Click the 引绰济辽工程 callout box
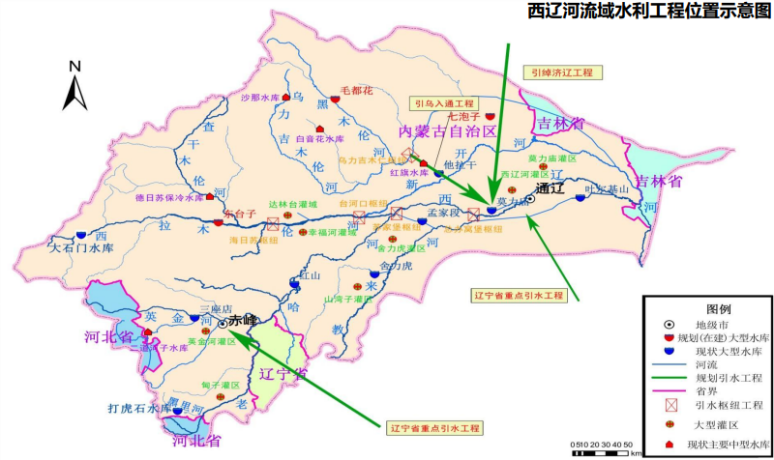[x=564, y=72]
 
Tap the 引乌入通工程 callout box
[x=443, y=102]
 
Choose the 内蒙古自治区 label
[x=449, y=129]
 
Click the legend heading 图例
[x=705, y=306]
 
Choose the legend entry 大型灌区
[x=717, y=424]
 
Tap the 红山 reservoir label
[x=310, y=274]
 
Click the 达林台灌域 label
[x=299, y=204]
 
